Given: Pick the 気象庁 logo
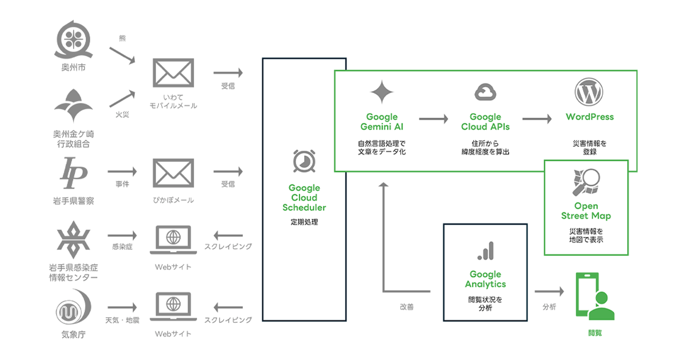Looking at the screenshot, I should [x=74, y=307].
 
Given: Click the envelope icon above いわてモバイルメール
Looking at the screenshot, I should [x=173, y=73].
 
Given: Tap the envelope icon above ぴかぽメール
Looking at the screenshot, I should [x=173, y=173].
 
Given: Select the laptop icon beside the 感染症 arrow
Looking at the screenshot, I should [x=173, y=240].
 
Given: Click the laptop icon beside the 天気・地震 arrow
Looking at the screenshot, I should [x=173, y=307].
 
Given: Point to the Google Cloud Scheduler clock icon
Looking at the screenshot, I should [x=304, y=161].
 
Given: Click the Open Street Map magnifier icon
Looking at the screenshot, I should [x=585, y=182].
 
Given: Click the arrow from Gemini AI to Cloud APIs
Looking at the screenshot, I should [x=433, y=119].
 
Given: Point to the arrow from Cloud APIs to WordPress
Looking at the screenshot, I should [x=537, y=119].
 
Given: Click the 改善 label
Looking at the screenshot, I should [x=406, y=307].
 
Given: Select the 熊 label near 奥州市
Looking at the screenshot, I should [x=122, y=38].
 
